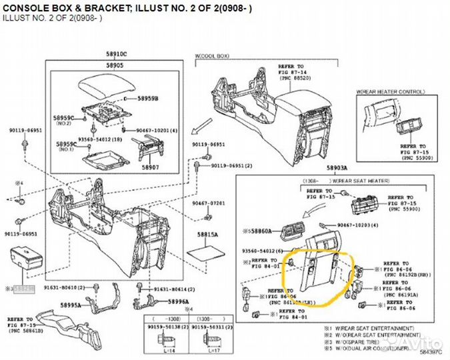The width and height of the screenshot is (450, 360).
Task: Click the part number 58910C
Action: [x=116, y=53]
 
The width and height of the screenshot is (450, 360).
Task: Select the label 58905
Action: [x=115, y=66]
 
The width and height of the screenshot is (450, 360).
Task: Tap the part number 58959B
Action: [x=147, y=98]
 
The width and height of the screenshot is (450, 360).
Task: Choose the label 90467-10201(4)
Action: [x=157, y=131]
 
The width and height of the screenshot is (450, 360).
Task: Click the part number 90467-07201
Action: [x=209, y=203]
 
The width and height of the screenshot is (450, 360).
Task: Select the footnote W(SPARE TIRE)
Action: [x=358, y=341]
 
